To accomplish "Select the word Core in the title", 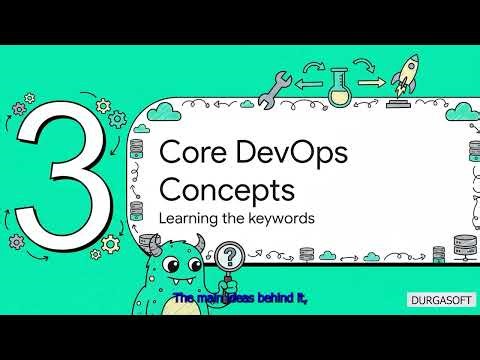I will point(187,151).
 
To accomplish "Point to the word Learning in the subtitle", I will point(187,216).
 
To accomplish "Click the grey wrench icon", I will point(272,90).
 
